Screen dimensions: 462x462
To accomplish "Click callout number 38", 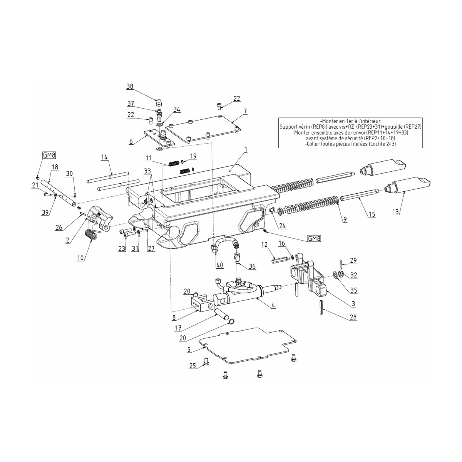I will click(130, 87).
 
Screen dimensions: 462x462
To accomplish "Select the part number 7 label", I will click(245, 111).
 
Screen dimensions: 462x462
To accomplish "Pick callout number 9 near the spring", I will click(345, 219).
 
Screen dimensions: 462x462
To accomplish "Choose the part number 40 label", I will click(219, 265).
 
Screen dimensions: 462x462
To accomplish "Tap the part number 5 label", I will click(189, 350).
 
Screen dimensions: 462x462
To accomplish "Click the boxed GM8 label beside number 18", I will click(47, 155).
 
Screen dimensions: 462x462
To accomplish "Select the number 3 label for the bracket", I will click(353, 304).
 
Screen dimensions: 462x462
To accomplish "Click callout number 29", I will click(353, 261).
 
